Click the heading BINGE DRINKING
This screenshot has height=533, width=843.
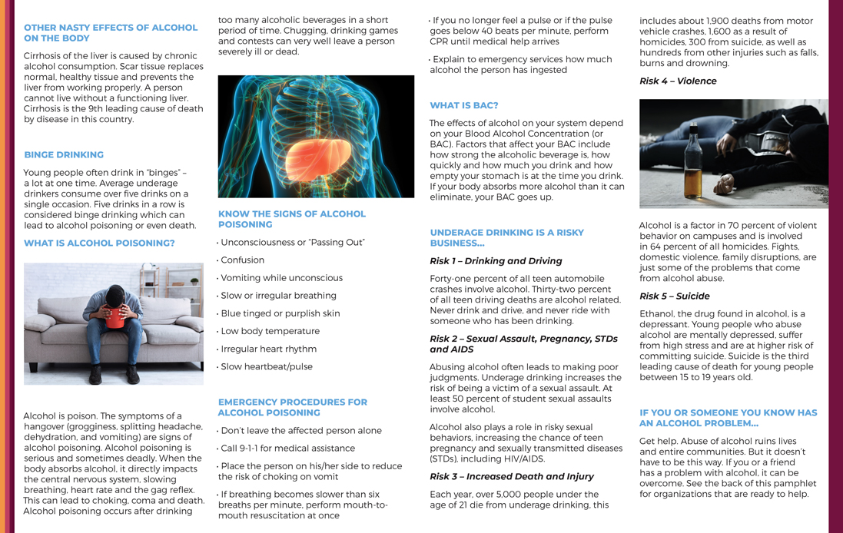coord(64,154)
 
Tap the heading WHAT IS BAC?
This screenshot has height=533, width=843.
coord(463,105)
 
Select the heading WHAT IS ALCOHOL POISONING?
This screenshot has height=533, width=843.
coord(99,243)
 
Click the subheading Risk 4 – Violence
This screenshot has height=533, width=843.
coord(678,81)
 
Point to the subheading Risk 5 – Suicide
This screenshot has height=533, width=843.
coord(674,296)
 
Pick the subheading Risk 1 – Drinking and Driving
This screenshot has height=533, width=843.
coord(496,260)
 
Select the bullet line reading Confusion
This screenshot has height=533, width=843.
coord(242,260)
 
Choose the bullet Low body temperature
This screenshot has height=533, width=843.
coord(270,331)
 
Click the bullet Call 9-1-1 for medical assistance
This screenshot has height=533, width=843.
coord(287,448)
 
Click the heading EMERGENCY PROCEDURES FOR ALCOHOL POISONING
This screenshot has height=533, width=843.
coord(293,407)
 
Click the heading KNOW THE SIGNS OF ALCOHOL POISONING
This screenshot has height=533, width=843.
coord(292,219)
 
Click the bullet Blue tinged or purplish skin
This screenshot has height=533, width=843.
coord(280,313)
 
